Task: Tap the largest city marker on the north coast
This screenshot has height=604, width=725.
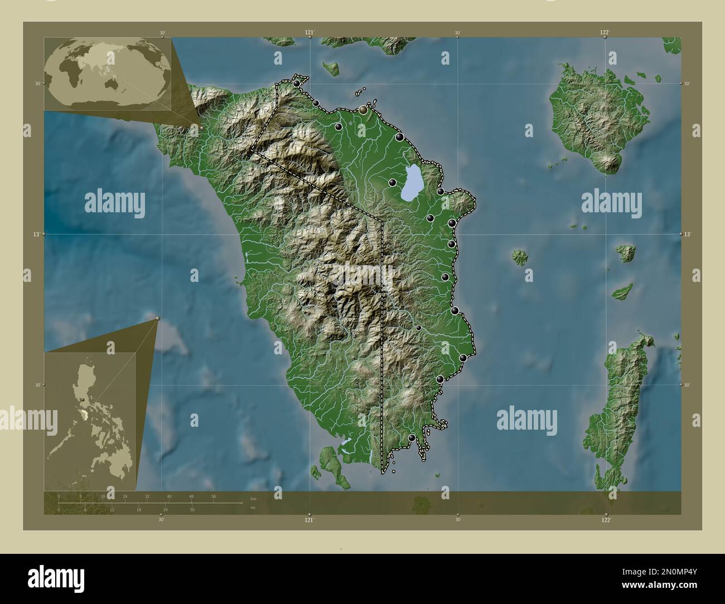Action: [364, 110]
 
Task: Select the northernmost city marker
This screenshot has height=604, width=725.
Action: [297, 84]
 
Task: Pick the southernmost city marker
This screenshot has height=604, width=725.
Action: [412, 439]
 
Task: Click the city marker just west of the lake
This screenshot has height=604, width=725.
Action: [393, 183]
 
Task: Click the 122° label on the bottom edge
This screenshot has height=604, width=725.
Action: [606, 520]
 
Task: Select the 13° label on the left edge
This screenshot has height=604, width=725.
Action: [35, 235]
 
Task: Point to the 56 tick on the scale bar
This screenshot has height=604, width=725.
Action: [213, 496]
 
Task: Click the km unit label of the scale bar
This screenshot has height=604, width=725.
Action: [253, 498]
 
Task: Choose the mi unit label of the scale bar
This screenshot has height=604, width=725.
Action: [253, 508]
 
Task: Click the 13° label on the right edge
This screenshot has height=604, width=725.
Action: [687, 235]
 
